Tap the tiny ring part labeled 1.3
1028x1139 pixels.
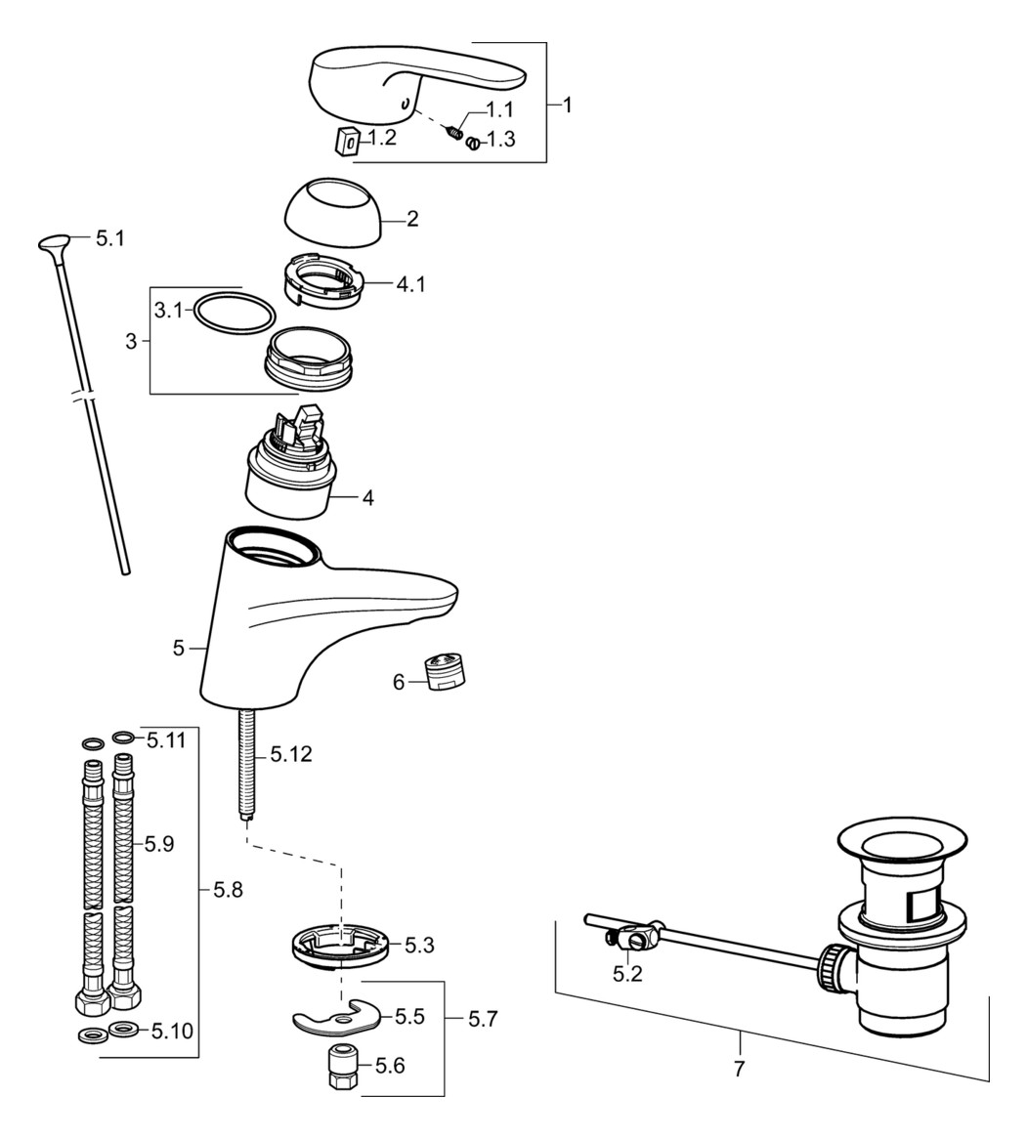[472, 144]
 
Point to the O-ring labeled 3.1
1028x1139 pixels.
[234, 315]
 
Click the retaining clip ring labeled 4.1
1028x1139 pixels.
[322, 282]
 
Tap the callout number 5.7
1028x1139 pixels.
[483, 1019]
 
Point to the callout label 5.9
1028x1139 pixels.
[160, 844]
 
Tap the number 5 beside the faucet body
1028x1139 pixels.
[178, 647]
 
